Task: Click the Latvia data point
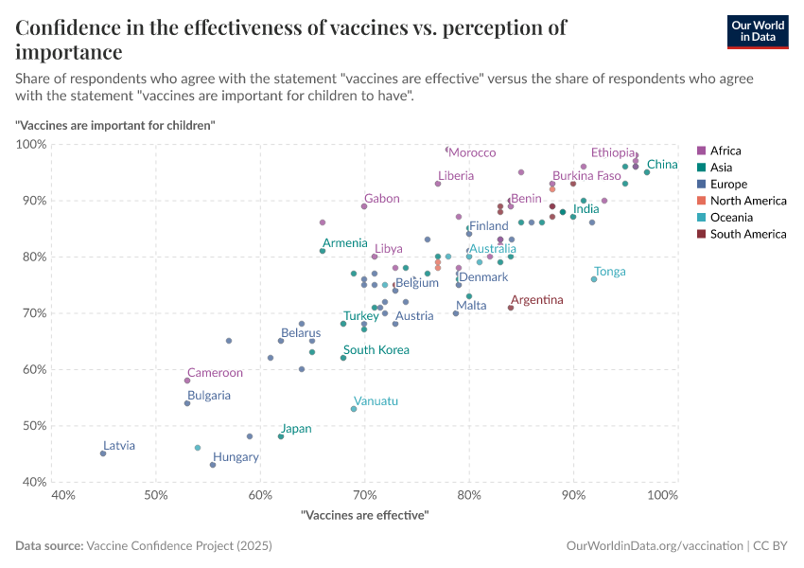tap(103, 453)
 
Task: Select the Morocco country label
tap(472, 152)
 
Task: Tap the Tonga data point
tap(594, 279)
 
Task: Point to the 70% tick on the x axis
tap(364, 495)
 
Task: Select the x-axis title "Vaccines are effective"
tap(364, 515)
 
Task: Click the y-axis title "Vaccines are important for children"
tap(115, 125)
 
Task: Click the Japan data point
tap(281, 436)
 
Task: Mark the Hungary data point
tap(213, 465)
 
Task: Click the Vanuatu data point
tap(354, 409)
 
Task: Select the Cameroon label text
tap(215, 373)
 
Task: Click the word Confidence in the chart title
tap(72, 27)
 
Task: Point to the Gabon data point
tap(364, 206)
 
